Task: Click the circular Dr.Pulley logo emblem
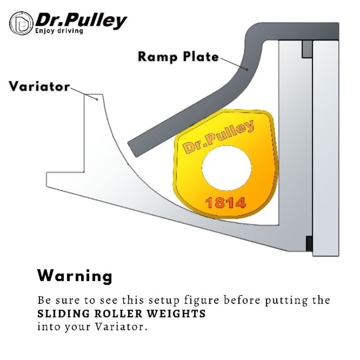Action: point(21,23)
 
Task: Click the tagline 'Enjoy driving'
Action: point(59,31)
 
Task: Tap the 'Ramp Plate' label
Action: point(178,57)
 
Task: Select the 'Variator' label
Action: point(39,86)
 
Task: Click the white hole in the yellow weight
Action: point(227,168)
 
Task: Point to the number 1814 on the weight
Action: point(225,203)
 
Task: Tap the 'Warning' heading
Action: point(75,276)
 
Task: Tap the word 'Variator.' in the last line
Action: point(121,327)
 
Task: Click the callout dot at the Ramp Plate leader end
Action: point(247,69)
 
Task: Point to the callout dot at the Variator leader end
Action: point(97,99)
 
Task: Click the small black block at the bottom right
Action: point(309,243)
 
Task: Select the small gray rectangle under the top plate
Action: point(307,49)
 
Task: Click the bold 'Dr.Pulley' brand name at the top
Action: point(81,20)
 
